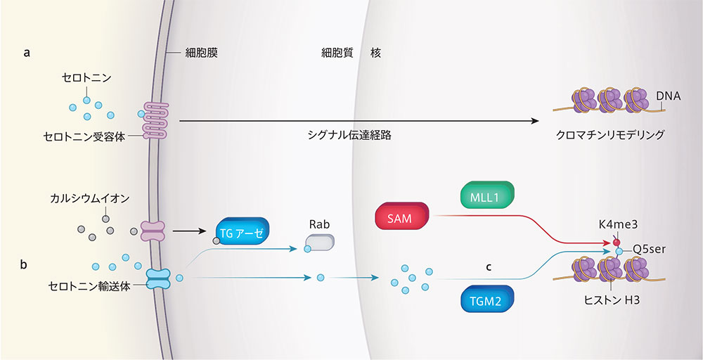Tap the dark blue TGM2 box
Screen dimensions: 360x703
[486, 301]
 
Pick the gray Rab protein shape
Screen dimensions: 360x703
[318, 243]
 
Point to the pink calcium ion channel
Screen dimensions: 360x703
[153, 230]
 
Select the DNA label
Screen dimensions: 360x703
[667, 96]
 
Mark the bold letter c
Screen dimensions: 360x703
[488, 267]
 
